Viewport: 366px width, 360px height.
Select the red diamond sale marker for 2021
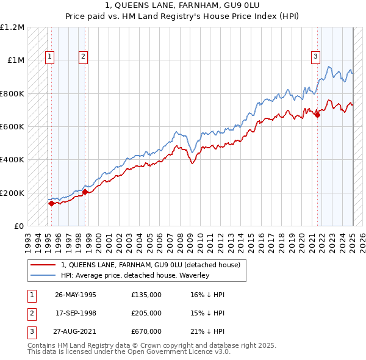tap(318, 115)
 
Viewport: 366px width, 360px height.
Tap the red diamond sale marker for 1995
tap(51, 204)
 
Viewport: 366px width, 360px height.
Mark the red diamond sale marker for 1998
tap(85, 192)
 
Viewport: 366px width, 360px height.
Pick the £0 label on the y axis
tap(18, 226)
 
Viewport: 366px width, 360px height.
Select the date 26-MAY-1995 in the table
tap(76, 295)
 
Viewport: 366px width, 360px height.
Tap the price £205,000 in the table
tap(146, 313)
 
